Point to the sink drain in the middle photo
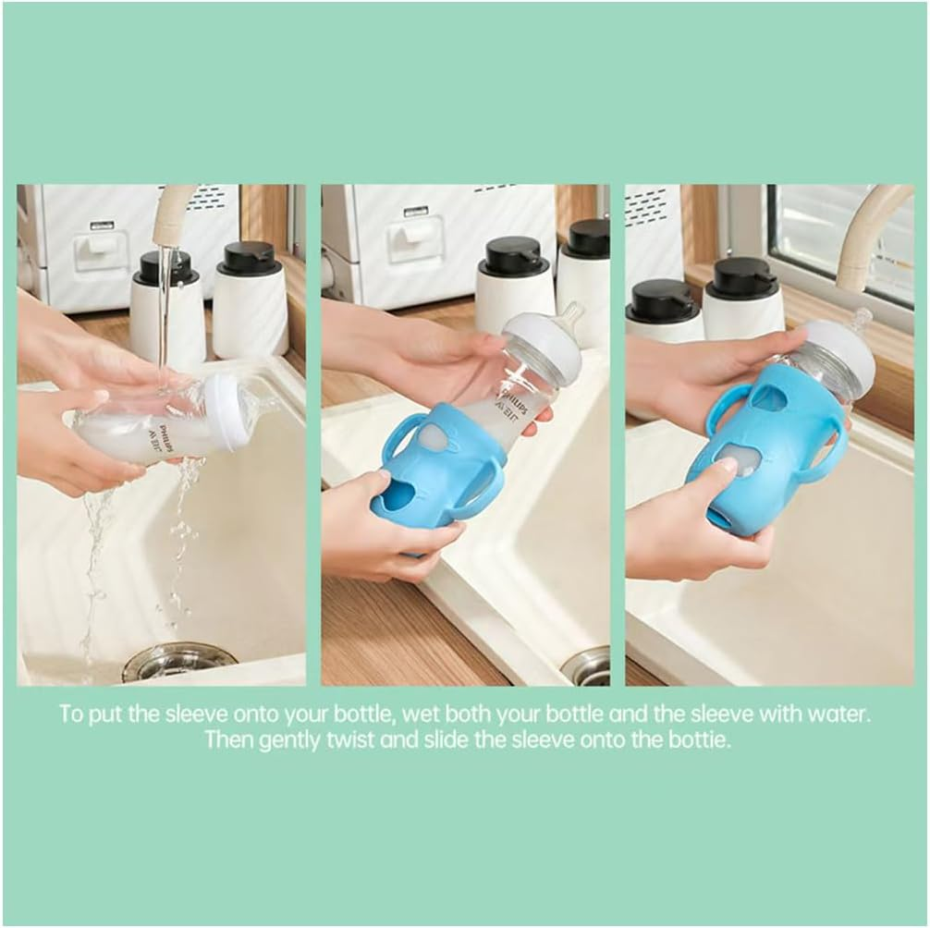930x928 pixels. click(588, 666)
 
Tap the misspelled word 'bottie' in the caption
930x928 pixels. click(700, 739)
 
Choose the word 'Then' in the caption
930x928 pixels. click(225, 739)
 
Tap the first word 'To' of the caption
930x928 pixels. click(71, 714)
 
